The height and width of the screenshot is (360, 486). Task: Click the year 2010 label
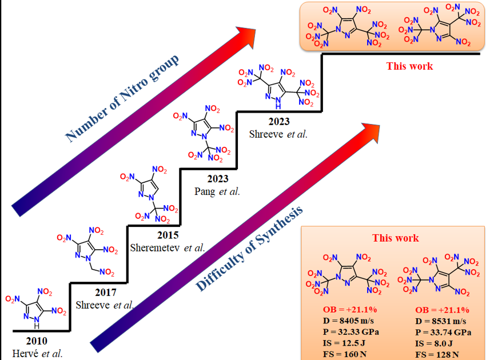point(37,342)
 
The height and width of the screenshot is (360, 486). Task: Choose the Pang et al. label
point(217,191)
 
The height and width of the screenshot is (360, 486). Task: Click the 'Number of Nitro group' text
point(123,99)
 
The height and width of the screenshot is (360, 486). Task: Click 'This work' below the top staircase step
point(409,66)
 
